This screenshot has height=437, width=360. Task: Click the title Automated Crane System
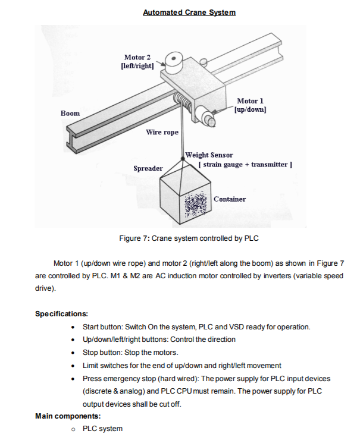point(189,12)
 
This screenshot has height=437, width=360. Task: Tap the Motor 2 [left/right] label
point(137,61)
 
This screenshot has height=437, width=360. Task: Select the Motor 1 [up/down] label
point(250,105)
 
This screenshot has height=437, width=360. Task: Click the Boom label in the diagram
point(70,113)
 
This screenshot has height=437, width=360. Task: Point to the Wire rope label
point(162,132)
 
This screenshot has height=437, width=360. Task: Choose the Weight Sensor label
point(209,155)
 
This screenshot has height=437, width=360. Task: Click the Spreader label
point(148,168)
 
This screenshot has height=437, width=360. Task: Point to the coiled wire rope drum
point(182,102)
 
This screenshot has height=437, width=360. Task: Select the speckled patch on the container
point(197,206)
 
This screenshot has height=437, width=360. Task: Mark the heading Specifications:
point(62,313)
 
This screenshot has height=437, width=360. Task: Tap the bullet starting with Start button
point(196,327)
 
